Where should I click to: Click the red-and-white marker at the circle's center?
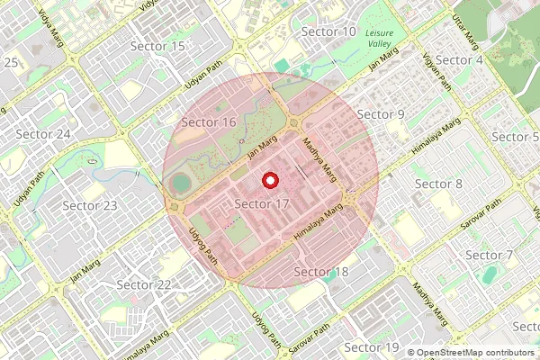pos(269,181)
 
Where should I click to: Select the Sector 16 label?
pos(209,122)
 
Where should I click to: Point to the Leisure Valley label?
pos(385,37)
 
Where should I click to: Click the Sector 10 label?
pos(328,32)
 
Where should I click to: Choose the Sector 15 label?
pos(157,46)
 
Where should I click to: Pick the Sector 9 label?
pos(381,114)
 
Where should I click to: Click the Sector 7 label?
pos(489,256)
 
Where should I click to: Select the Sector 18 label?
pos(321,272)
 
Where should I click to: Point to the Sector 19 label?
pos(372,347)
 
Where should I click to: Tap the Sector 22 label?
pos(144,285)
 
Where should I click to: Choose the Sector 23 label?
pos(90,206)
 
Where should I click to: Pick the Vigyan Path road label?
pos(436,71)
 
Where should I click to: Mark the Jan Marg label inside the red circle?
pos(262,148)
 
